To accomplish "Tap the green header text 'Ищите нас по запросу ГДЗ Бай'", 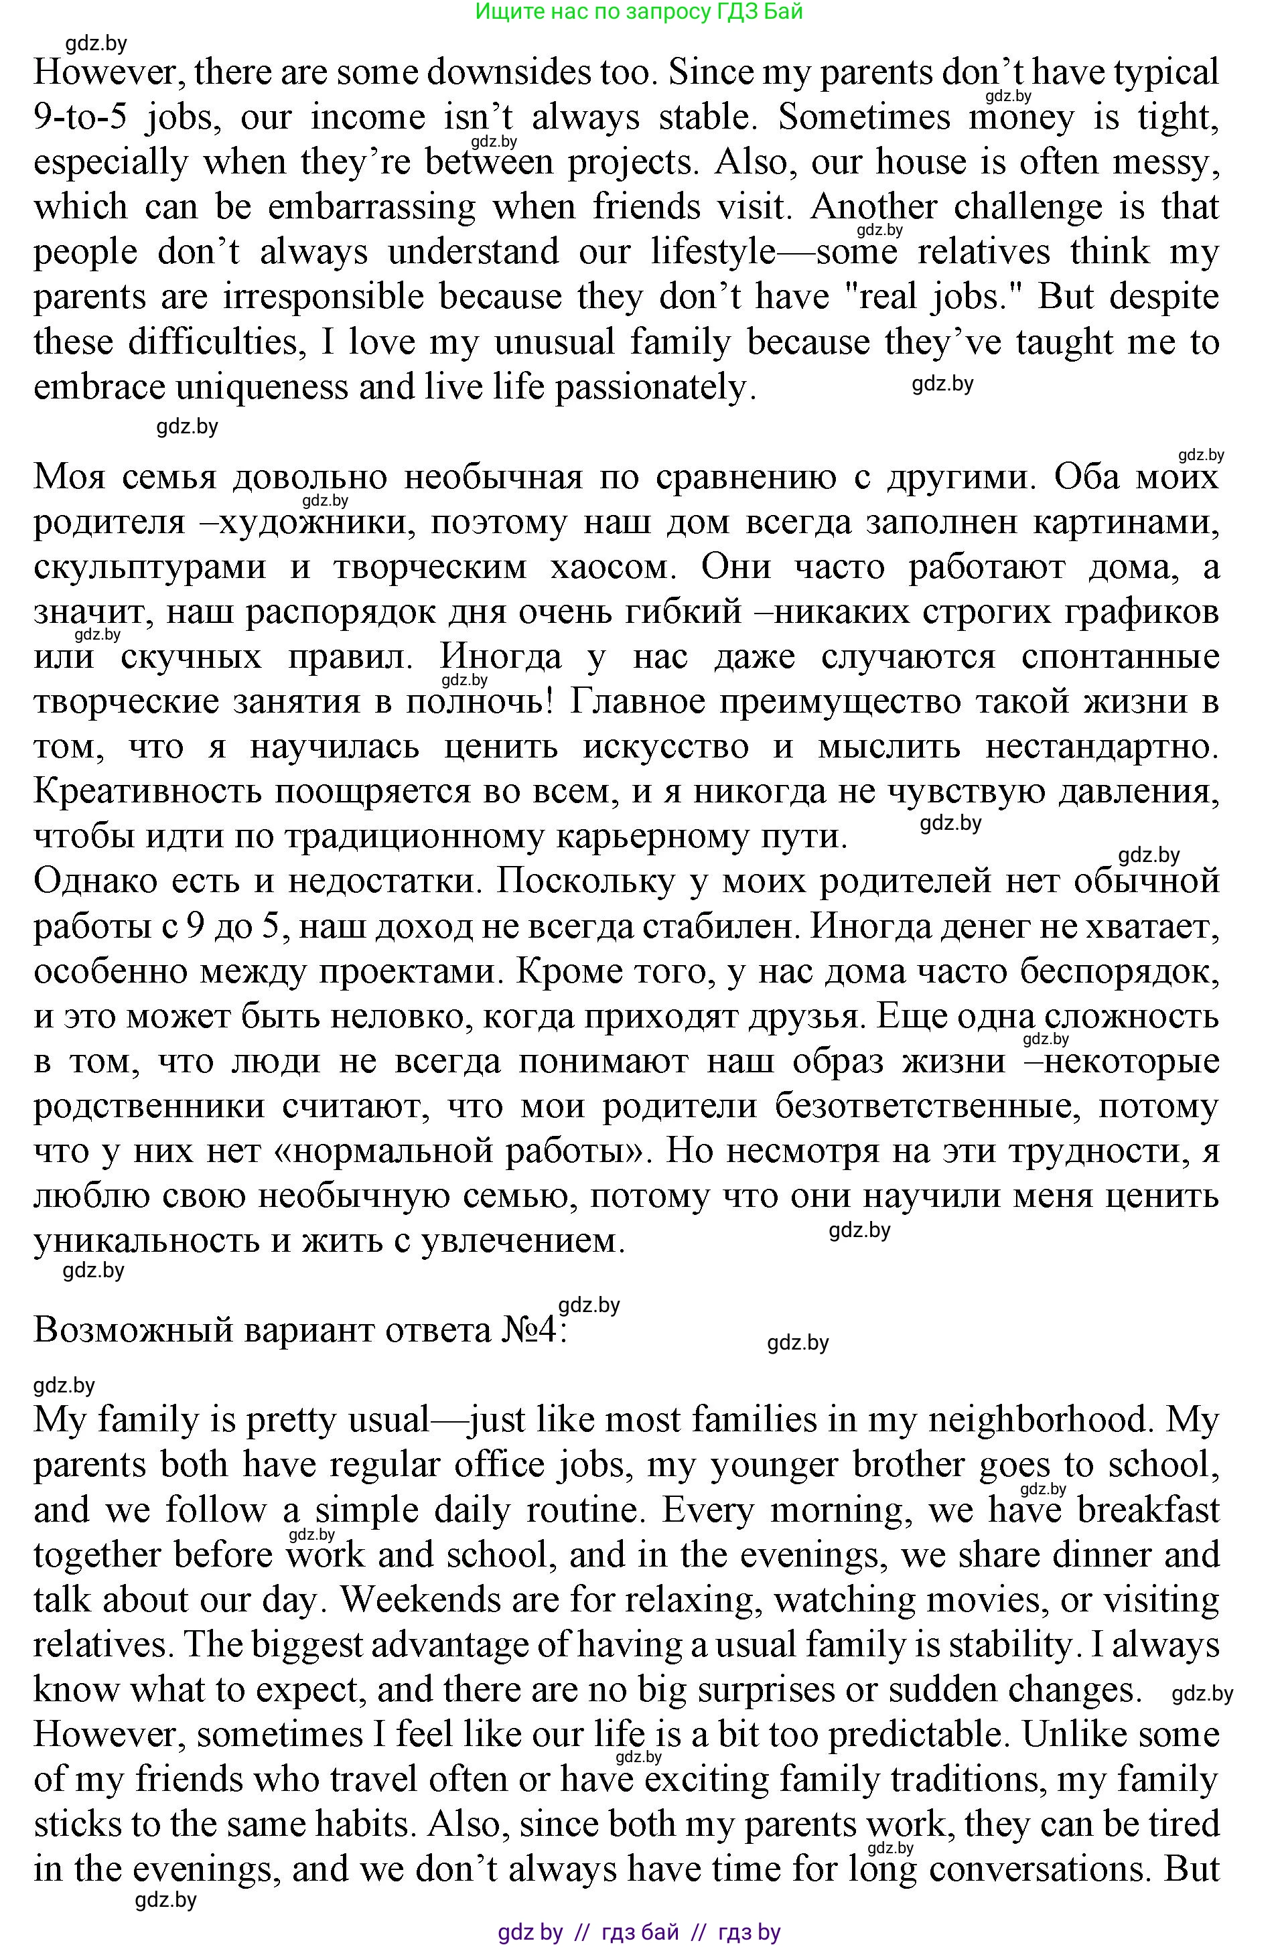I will click(639, 11).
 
